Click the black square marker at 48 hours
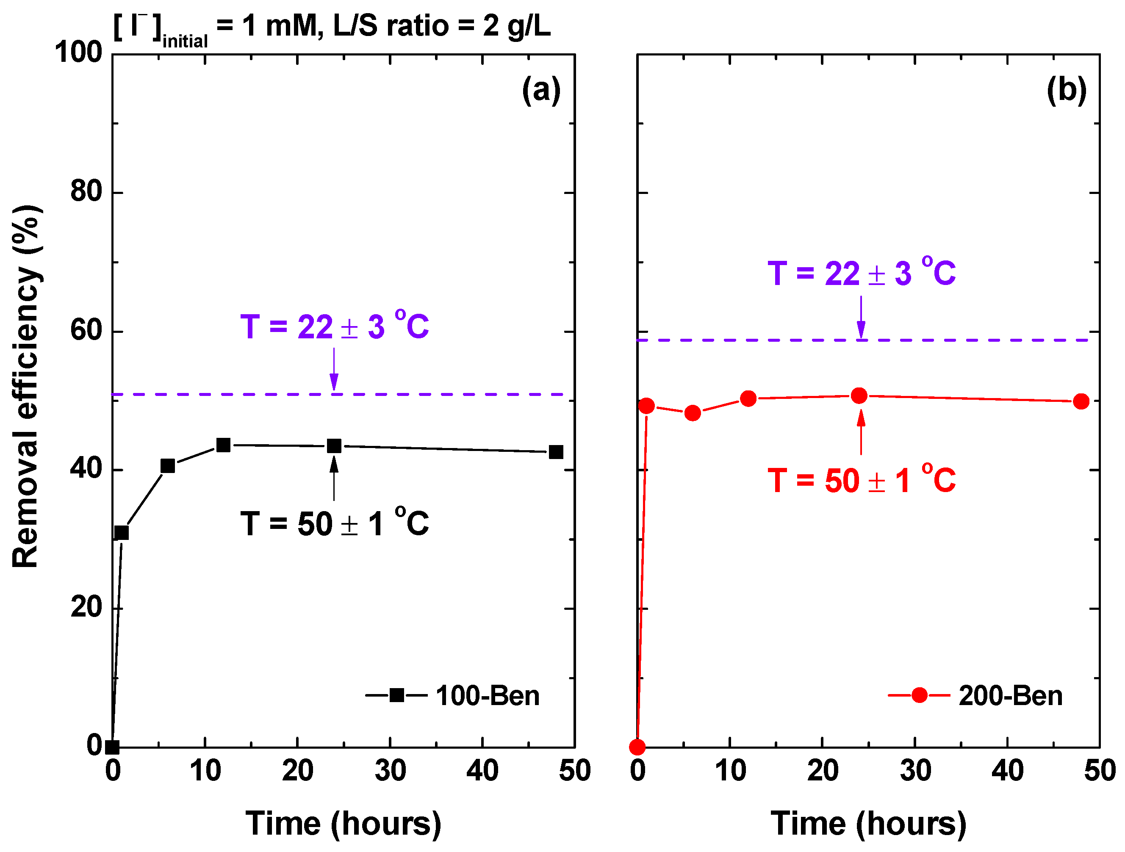click(x=556, y=452)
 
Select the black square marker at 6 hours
click(x=168, y=466)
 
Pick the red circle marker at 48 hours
click(x=1081, y=401)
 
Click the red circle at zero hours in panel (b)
click(x=637, y=747)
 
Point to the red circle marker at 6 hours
click(x=693, y=413)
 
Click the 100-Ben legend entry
click(x=453, y=695)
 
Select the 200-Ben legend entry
click(x=975, y=695)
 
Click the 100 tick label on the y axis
click(x=79, y=53)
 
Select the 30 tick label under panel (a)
click(x=390, y=771)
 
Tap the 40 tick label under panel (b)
click(x=1007, y=771)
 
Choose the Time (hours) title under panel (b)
click(x=868, y=823)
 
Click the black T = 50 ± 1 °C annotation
click(x=334, y=523)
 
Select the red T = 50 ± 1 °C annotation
click(x=861, y=480)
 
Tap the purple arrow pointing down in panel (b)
click(x=861, y=318)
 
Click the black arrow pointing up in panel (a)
click(x=334, y=478)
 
